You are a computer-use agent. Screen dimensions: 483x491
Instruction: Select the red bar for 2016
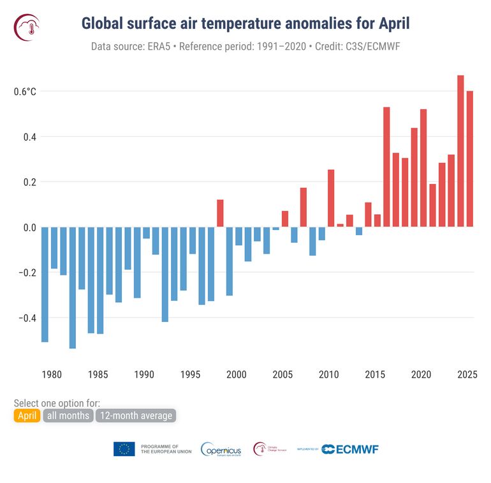pos(386,167)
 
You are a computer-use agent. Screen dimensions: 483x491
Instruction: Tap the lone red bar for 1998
pos(220,213)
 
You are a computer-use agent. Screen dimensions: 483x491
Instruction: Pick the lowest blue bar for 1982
pos(73,287)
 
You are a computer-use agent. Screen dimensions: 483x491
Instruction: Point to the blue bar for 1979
pos(45,284)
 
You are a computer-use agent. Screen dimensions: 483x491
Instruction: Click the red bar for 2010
pos(331,198)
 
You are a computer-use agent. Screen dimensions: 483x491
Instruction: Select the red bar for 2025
pos(470,159)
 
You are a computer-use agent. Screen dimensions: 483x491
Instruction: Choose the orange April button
pos(27,416)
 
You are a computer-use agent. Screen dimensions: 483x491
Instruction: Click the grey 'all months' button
pos(68,416)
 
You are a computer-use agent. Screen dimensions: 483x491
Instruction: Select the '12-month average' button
pos(135,416)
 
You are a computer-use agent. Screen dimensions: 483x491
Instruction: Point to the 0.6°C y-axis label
pos(25,91)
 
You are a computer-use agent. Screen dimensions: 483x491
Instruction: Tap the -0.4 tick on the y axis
pos(25,318)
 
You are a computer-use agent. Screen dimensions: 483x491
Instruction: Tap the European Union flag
pos(124,449)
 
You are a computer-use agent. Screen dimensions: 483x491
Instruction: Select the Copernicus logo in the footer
pos(221,449)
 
